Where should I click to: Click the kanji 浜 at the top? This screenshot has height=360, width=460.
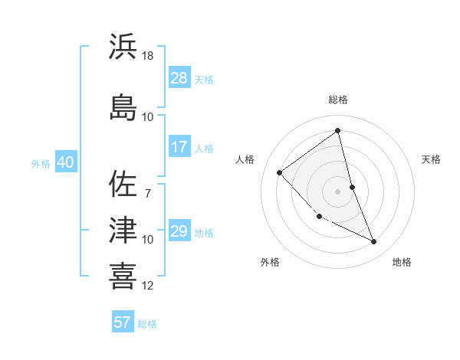[x=123, y=46]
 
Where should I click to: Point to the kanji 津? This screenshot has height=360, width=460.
[x=123, y=230]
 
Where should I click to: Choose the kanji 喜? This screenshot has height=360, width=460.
[x=123, y=277]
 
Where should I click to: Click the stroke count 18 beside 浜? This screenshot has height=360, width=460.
[x=149, y=56]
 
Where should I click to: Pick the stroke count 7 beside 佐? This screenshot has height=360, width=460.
[x=148, y=192]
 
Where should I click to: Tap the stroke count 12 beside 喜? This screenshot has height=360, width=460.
[x=149, y=286]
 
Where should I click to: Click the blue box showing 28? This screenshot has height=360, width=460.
[x=179, y=78]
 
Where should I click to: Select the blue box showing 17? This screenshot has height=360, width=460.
[x=179, y=147]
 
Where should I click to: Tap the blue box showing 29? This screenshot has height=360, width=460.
[x=179, y=231]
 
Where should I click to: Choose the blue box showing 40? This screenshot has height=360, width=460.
[x=65, y=162]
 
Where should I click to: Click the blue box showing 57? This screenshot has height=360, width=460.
[x=123, y=322]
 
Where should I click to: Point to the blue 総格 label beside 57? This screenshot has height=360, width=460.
[x=147, y=324]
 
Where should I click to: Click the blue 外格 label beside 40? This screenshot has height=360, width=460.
[x=41, y=163]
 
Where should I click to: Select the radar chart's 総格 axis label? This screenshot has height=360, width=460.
[x=337, y=100]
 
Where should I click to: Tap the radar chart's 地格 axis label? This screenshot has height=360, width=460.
[x=402, y=263]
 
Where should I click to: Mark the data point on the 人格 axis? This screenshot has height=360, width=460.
[x=280, y=172]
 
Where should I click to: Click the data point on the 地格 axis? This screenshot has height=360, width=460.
[x=374, y=242]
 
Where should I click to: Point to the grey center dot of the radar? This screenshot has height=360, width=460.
[x=337, y=191]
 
